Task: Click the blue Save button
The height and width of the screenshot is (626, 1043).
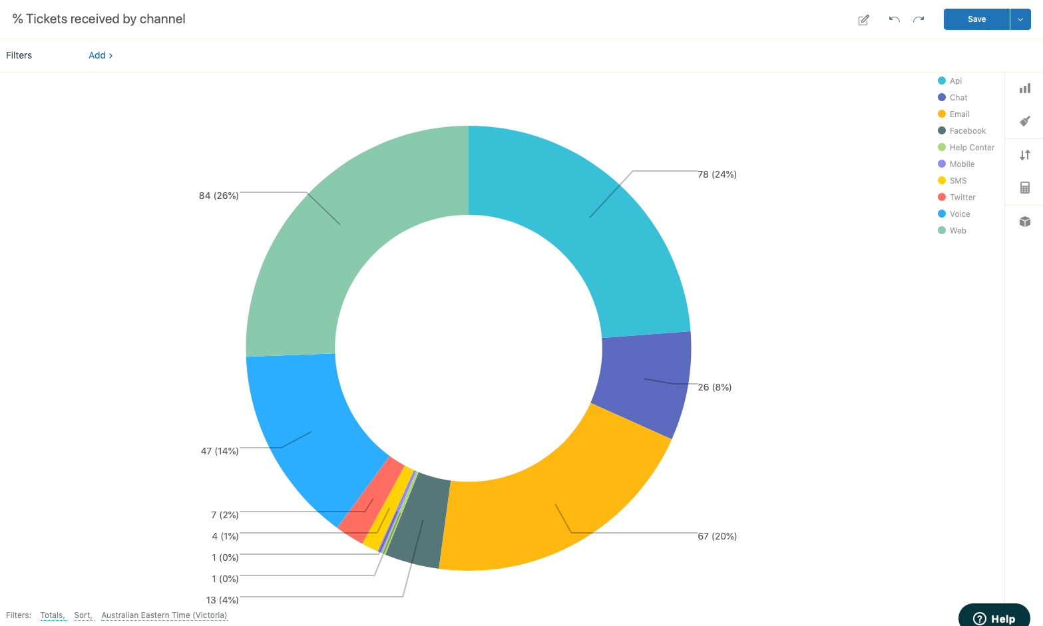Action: click(976, 19)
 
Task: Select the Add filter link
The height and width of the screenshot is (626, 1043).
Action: click(101, 55)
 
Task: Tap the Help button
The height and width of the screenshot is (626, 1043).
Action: click(994, 618)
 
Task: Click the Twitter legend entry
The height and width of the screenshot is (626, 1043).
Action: click(962, 198)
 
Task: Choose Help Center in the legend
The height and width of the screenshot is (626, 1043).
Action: click(971, 148)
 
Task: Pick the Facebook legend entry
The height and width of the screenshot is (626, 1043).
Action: click(967, 131)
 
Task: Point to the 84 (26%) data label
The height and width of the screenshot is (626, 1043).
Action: click(218, 196)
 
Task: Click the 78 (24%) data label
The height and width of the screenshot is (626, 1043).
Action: click(717, 174)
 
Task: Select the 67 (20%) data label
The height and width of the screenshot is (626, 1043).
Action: click(717, 536)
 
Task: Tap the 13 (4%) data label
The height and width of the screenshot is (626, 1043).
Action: click(222, 600)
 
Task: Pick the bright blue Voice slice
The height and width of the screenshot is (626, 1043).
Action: click(306, 432)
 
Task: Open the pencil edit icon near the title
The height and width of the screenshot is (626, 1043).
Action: click(863, 20)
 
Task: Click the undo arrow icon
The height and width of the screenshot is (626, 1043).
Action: click(894, 19)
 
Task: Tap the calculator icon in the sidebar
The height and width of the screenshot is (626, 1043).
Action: click(1024, 188)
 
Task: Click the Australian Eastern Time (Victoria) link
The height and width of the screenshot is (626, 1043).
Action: click(164, 615)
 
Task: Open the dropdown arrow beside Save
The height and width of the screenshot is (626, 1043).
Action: click(1020, 19)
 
